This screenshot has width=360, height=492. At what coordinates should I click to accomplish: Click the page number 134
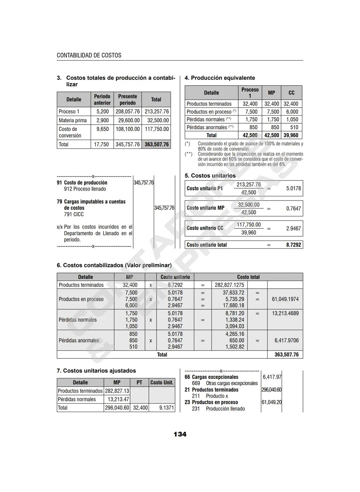pos(180,434)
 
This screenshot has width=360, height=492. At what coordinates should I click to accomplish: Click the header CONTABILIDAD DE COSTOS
pos(89,55)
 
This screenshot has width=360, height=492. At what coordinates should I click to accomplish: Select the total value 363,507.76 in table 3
pos(157,144)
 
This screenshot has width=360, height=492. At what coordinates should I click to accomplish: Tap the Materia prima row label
pos(73,120)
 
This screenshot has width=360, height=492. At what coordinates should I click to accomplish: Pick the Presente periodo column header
pos(127,100)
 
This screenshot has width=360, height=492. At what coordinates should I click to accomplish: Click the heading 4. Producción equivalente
pos(220,78)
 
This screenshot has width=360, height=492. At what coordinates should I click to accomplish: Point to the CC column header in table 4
pos(291,93)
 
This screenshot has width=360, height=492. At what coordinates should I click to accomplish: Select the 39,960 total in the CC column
pos(291,135)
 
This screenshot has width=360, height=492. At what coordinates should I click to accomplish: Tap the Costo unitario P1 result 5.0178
pos(293,188)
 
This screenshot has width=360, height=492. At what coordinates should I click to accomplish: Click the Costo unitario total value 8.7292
pos(293,245)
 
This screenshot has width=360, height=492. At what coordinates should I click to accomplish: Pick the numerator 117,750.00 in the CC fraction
pos(249,225)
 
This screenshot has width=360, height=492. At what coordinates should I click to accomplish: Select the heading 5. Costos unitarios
pos(210,176)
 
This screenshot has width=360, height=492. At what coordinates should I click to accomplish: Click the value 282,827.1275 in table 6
pos(229,285)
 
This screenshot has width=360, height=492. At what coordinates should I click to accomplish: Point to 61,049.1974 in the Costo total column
pos(285,299)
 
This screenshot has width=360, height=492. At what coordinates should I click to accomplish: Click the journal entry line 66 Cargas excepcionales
pos(212,377)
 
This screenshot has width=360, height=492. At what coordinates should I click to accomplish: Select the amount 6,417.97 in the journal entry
pos(272,377)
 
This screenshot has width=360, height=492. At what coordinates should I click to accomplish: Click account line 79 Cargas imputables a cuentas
pos(91,202)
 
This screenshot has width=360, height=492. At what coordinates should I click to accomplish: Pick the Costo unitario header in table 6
pos(175,277)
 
